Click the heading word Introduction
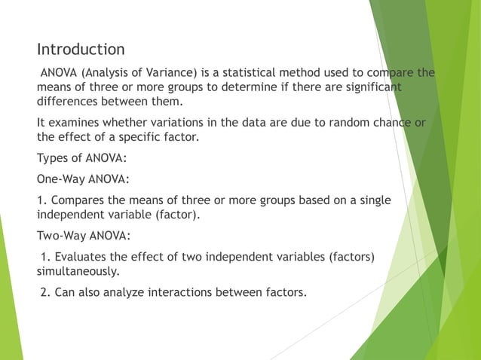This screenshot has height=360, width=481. [81, 50]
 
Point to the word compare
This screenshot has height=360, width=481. [390, 73]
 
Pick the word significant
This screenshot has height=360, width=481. [368, 88]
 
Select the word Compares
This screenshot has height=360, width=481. [81, 200]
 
